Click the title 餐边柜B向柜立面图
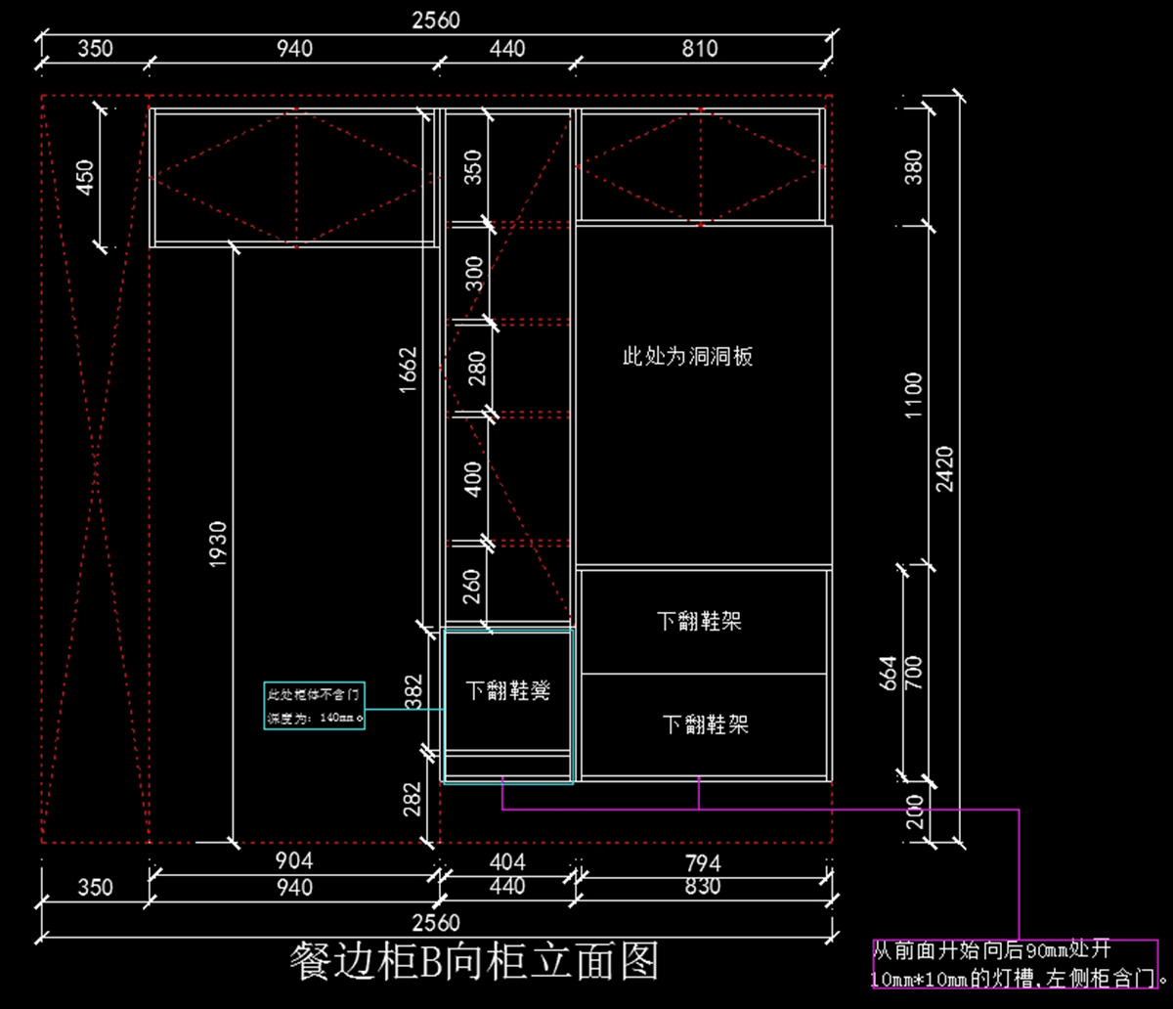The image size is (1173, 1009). tap(475, 962)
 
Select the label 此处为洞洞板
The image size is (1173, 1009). tap(688, 356)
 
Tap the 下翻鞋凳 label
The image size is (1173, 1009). tap(507, 691)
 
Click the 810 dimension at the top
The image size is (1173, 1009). tap(700, 49)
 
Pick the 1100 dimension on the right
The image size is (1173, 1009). tap(914, 395)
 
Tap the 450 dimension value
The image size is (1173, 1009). tap(86, 177)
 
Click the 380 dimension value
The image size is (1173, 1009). tap(914, 166)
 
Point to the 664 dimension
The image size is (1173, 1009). tap(889, 672)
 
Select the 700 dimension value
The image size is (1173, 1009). tap(914, 673)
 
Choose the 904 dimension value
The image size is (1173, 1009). tap(294, 861)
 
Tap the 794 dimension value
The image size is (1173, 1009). tap(703, 862)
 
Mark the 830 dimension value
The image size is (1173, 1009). tap(703, 887)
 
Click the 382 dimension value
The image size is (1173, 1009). tap(413, 691)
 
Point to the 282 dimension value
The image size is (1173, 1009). tap(413, 798)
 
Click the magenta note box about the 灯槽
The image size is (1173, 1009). tap(1015, 964)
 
